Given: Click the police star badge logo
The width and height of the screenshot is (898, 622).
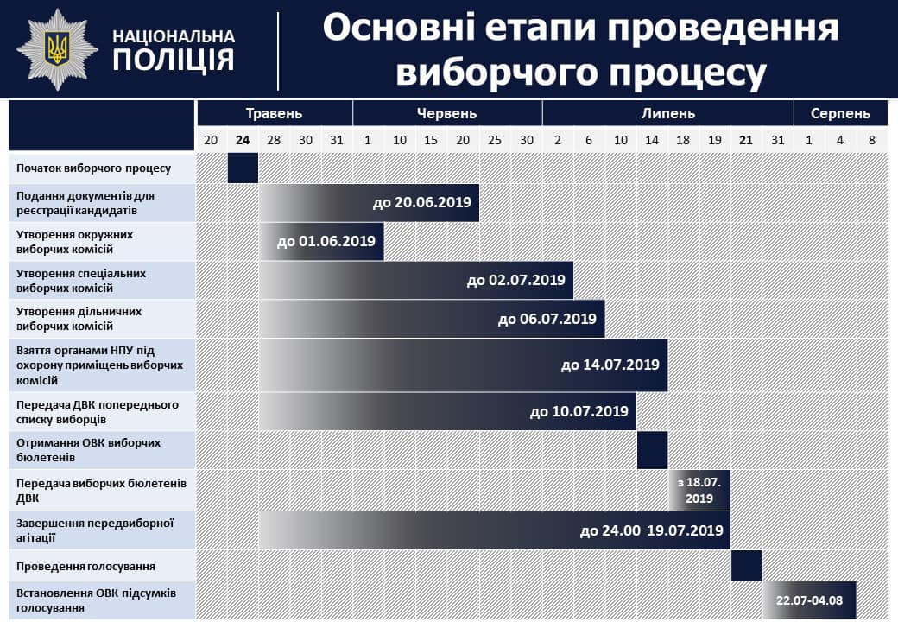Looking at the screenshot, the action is point(57,49).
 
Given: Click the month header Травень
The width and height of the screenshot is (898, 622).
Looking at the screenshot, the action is point(275,113).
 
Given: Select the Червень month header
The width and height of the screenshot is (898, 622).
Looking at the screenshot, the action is point(446,113).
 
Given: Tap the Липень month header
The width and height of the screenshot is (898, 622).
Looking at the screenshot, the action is point(667,113).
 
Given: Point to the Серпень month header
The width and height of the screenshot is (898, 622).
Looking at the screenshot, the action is point(840,113).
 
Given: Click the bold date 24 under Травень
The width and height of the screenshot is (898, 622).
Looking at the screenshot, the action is point(243,140).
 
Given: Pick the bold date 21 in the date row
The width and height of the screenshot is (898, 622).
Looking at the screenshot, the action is point(746,140).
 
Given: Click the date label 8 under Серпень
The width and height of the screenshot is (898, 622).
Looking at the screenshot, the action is point(871,140).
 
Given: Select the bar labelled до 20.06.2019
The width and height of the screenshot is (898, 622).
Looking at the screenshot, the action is point(369,203).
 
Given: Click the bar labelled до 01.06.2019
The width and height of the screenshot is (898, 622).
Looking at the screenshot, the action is point(321,242).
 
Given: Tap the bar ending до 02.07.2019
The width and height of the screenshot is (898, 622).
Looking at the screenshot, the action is point(416,281).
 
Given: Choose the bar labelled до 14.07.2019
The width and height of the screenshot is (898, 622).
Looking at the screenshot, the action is point(463,365).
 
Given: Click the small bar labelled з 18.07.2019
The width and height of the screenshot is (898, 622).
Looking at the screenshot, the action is point(699,491).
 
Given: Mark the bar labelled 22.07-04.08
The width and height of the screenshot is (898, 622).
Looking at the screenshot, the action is point(809,600).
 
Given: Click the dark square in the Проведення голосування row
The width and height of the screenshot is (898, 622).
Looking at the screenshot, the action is point(746,566).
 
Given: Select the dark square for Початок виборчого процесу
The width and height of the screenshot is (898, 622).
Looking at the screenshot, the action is point(243,168).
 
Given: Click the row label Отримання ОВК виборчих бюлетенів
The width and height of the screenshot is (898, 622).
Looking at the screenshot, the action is point(88,450).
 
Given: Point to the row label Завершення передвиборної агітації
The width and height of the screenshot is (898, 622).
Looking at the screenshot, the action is point(94,530).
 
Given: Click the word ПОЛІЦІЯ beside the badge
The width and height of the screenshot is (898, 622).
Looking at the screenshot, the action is point(174,60).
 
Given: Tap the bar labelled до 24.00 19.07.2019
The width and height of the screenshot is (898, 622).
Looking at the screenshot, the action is point(494,531).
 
